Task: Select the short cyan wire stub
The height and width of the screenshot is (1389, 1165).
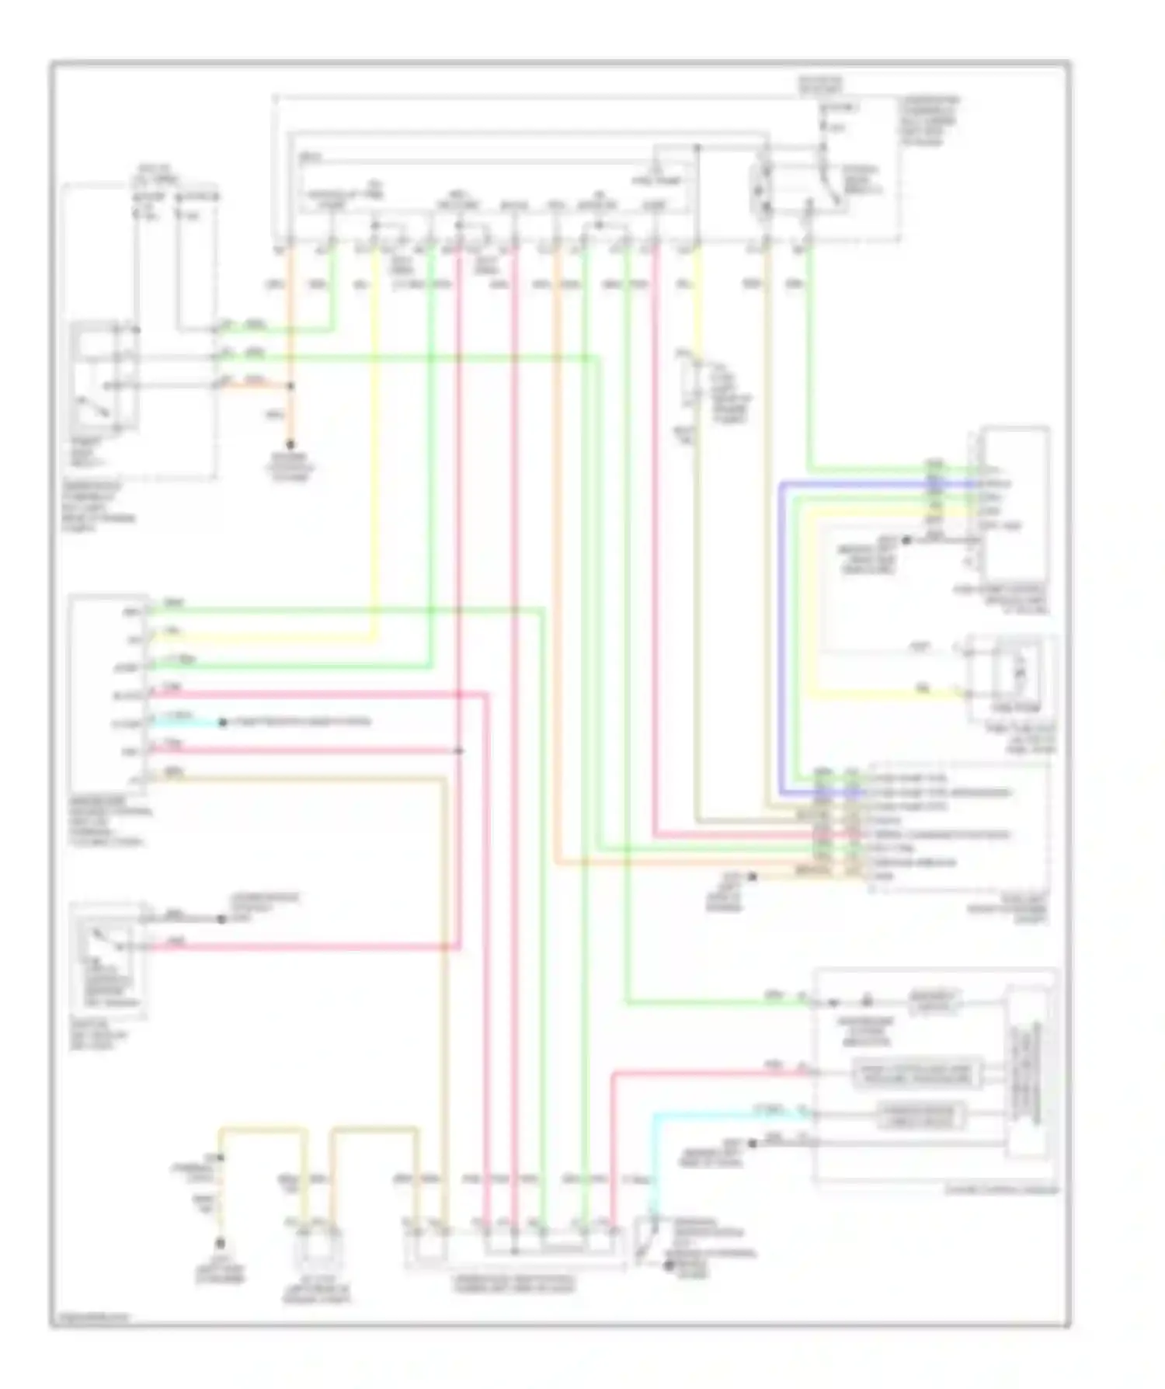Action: pos(186,722)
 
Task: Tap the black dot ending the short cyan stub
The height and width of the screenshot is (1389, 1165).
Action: pos(223,722)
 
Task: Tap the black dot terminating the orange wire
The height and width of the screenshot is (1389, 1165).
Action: pos(290,445)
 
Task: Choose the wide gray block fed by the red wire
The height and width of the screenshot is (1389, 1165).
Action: pos(916,1074)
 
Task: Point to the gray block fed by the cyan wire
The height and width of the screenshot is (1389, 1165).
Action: pos(920,1116)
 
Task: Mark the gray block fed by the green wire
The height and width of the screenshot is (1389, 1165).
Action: pos(934,1003)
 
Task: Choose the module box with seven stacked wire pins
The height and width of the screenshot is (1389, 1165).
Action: pos(107,693)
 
